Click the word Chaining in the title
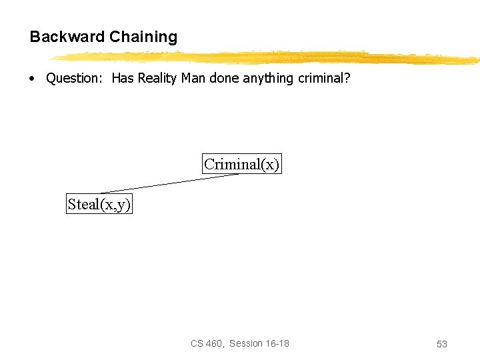(143, 37)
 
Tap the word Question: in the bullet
(73, 79)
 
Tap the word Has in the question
(123, 79)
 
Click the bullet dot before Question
(32, 79)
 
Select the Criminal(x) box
(242, 164)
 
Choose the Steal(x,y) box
(99, 204)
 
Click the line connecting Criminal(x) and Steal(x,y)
(170, 184)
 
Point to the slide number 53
(441, 344)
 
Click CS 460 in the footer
(206, 343)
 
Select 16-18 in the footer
(279, 343)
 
